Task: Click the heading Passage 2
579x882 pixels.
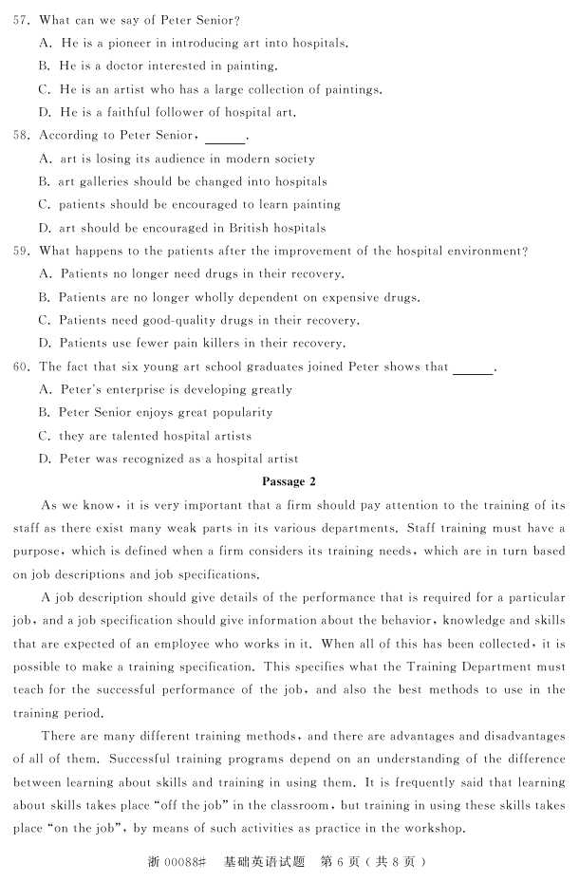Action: pyautogui.click(x=289, y=481)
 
